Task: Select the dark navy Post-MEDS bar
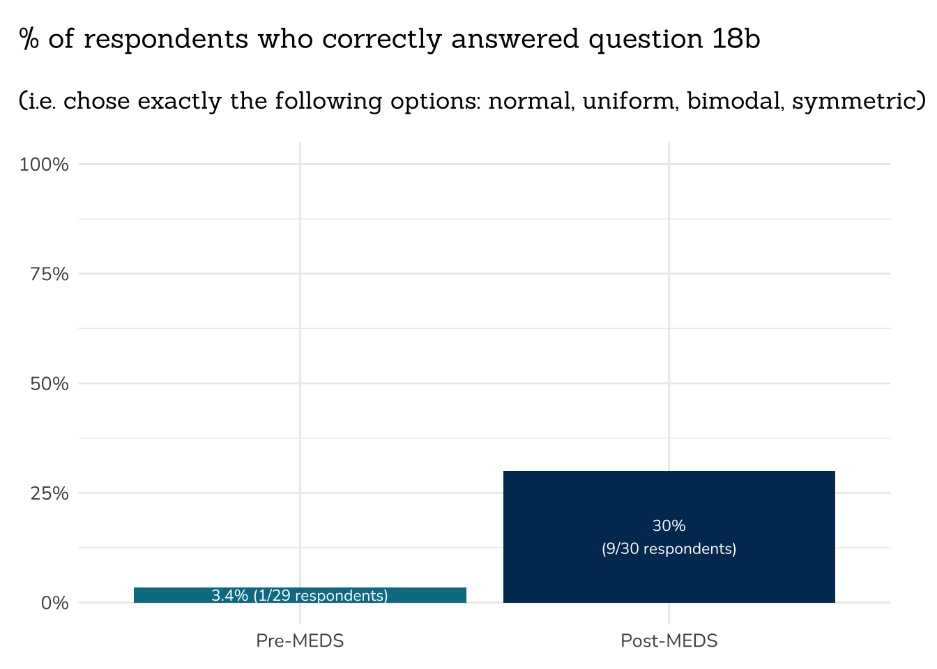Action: tap(669, 502)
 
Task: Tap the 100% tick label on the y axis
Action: tap(44, 164)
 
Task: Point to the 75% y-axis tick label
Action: tap(49, 274)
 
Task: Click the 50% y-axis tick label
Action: tap(49, 383)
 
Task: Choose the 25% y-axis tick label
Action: tap(49, 493)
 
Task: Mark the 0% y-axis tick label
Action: tap(54, 603)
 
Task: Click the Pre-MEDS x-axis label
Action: tap(300, 641)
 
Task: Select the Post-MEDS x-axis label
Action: tap(669, 641)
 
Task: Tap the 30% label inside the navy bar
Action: tap(669, 526)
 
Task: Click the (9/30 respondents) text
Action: tap(669, 549)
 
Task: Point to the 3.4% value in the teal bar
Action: tap(229, 596)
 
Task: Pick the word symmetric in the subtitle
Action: tap(855, 102)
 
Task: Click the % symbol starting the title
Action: tap(29, 39)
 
